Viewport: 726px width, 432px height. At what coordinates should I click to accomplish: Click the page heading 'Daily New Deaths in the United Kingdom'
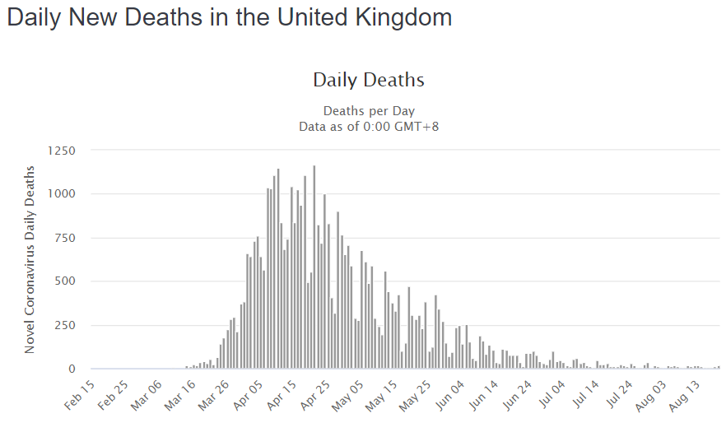230,18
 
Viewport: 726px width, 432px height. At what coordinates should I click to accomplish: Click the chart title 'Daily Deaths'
369,80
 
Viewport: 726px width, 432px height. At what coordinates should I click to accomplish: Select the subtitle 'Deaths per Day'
369,110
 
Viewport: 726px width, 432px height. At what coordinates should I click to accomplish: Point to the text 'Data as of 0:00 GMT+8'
369,126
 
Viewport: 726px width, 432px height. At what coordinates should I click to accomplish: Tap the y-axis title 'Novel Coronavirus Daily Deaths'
30,259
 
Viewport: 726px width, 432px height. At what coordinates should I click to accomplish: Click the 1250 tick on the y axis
62,151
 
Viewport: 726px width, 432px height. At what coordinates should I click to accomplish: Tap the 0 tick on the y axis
72,369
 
